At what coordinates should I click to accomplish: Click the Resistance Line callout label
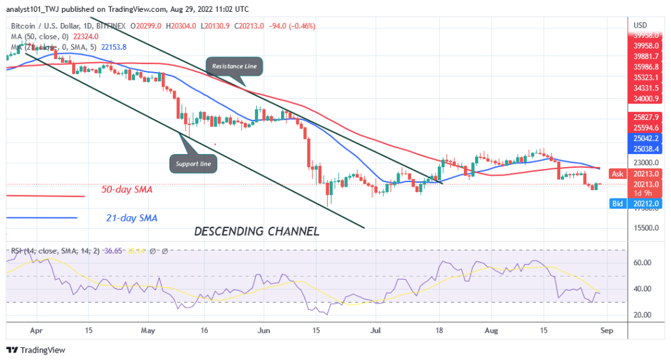[235, 66]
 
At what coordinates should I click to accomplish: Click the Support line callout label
[194, 164]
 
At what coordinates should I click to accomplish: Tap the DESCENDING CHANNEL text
[256, 231]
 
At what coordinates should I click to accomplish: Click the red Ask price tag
[617, 174]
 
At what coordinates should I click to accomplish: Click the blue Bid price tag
[616, 204]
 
